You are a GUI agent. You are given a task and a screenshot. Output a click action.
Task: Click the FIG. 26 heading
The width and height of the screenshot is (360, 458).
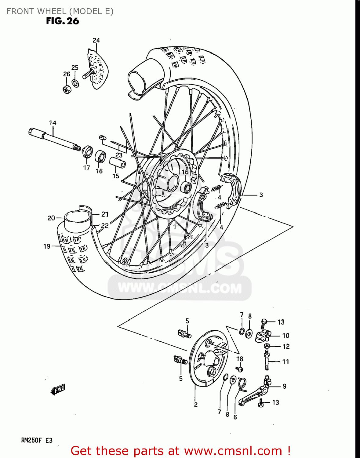point(63,21)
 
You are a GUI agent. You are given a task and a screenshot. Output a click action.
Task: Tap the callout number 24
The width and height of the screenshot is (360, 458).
point(96,40)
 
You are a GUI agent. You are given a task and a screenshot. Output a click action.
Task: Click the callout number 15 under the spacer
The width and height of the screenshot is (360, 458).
point(116,176)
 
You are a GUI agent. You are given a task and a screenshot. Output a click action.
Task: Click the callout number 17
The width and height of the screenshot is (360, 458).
point(87,168)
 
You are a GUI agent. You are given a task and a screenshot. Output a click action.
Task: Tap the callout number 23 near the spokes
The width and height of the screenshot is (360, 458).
point(119,155)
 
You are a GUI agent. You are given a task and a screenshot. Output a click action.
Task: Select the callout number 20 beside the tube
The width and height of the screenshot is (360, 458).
point(51,218)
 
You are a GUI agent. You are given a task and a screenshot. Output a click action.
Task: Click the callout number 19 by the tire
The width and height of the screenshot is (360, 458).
point(47,246)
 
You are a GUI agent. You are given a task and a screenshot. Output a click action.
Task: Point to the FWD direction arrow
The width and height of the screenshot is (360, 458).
point(58,390)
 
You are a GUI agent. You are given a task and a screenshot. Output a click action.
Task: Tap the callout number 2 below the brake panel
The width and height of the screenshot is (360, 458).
point(196,405)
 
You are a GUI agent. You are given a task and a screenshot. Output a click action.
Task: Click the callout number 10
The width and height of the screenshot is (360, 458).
point(285,336)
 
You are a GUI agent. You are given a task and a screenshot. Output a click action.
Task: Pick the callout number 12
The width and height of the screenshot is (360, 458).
point(286,347)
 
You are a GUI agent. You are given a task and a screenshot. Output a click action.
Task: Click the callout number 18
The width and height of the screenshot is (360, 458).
point(240,359)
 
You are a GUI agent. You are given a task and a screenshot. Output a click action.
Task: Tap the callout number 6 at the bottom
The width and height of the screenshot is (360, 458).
point(235,417)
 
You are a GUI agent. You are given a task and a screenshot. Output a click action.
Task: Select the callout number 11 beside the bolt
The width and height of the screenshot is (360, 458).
point(285,362)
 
